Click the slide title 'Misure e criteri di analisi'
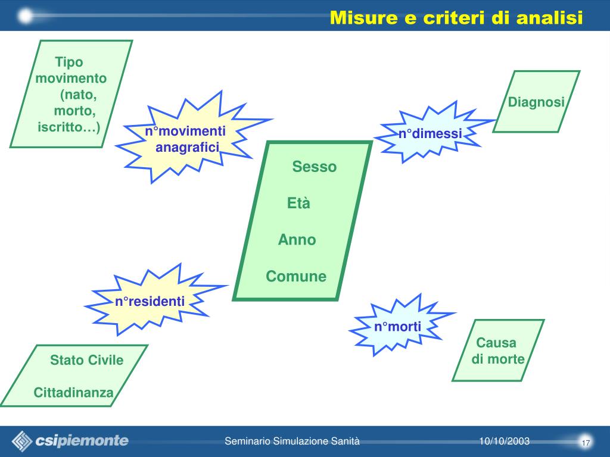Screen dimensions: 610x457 456,18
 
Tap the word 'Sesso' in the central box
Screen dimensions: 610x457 314,167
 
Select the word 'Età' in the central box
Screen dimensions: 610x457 299,204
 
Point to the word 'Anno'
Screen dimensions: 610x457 297,240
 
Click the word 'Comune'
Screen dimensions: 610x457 296,277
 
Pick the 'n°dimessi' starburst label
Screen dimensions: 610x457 430,134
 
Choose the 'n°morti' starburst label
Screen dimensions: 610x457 397,326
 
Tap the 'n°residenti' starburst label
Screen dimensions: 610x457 150,301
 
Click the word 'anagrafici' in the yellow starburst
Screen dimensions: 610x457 188,147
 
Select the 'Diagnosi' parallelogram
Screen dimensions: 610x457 536,102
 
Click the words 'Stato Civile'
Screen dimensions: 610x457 86,360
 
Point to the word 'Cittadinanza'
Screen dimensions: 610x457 73,393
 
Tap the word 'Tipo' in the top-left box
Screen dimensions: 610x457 69,62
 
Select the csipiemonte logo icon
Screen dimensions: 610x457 23,441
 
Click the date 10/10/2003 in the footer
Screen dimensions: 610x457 504,441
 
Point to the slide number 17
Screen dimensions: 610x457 586,443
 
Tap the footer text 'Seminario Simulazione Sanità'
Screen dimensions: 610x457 292,441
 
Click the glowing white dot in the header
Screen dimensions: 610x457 26,16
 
